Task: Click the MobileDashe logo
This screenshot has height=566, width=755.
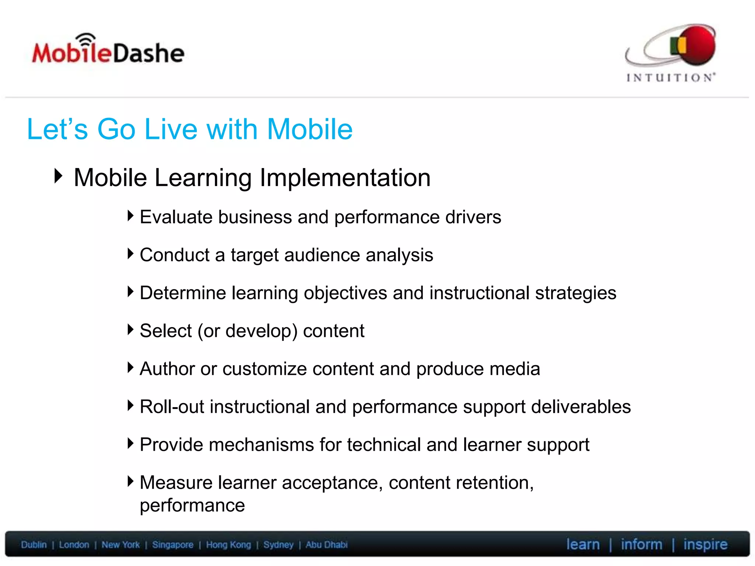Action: [x=108, y=51]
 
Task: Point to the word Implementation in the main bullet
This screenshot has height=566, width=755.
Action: [x=345, y=178]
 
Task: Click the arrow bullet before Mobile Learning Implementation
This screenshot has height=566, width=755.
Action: [x=58, y=176]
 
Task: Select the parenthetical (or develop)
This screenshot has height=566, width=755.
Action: [x=247, y=331]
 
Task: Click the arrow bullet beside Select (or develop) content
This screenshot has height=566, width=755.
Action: [x=130, y=329]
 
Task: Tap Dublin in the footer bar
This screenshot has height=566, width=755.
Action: [x=34, y=545]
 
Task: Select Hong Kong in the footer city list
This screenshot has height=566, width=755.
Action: [x=228, y=545]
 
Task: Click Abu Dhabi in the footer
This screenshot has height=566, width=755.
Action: [x=326, y=545]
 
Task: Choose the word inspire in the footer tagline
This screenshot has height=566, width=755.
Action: [x=705, y=545]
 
